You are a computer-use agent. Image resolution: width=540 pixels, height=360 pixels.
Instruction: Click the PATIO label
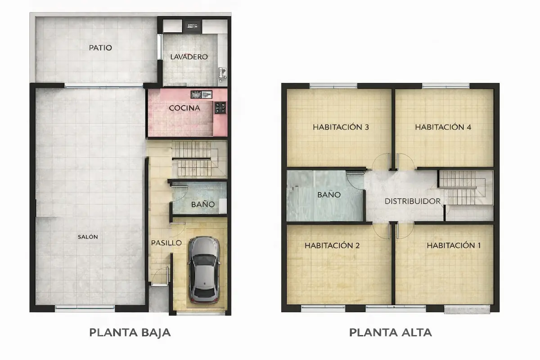pyautogui.click(x=100, y=48)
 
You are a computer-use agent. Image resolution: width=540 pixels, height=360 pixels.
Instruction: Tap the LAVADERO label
pyautogui.click(x=189, y=57)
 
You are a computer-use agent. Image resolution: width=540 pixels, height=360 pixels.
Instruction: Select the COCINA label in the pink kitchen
pyautogui.click(x=184, y=108)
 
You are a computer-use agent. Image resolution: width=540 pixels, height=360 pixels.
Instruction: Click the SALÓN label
pyautogui.click(x=87, y=237)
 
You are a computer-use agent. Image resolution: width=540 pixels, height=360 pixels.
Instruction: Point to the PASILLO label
pyautogui.click(x=166, y=243)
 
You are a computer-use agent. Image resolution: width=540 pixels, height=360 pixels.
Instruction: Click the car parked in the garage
pyautogui.click(x=204, y=269)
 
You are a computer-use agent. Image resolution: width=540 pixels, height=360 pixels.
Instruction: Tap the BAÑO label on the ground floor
pyautogui.click(x=202, y=205)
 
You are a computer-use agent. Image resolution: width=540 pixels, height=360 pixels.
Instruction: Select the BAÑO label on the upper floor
pyautogui.click(x=329, y=195)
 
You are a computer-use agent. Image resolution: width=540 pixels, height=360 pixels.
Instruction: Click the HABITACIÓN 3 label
pyautogui.click(x=341, y=127)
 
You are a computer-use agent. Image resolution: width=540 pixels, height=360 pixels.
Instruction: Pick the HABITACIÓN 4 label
pyautogui.click(x=443, y=127)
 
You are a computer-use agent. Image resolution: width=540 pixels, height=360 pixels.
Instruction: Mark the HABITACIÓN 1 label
pyautogui.click(x=454, y=246)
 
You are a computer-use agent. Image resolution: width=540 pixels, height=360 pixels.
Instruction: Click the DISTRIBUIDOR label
pyautogui.click(x=412, y=202)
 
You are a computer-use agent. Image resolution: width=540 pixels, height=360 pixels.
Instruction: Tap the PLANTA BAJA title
pyautogui.click(x=130, y=333)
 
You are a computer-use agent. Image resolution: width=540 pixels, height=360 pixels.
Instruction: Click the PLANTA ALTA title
pyautogui.click(x=391, y=333)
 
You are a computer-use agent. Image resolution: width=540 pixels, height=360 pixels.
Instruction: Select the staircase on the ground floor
pyautogui.click(x=194, y=159)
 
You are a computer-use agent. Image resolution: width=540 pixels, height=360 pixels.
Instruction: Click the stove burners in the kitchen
pyautogui.click(x=220, y=108)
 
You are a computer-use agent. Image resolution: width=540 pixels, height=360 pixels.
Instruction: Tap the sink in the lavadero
pyautogui.click(x=222, y=72)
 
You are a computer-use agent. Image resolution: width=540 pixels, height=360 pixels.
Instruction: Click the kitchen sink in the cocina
pyautogui.click(x=201, y=94)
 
